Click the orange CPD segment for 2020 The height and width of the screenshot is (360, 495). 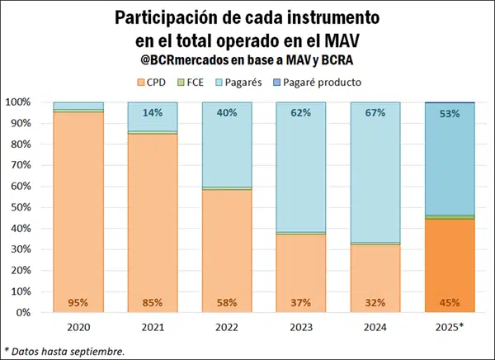pyautogui.click(x=78, y=206)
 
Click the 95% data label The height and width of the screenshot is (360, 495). pyautogui.click(x=78, y=302)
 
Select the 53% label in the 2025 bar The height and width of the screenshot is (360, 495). pyautogui.click(x=450, y=114)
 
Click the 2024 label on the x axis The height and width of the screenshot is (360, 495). pyautogui.click(x=375, y=327)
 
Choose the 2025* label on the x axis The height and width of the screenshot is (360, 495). pyautogui.click(x=450, y=327)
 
